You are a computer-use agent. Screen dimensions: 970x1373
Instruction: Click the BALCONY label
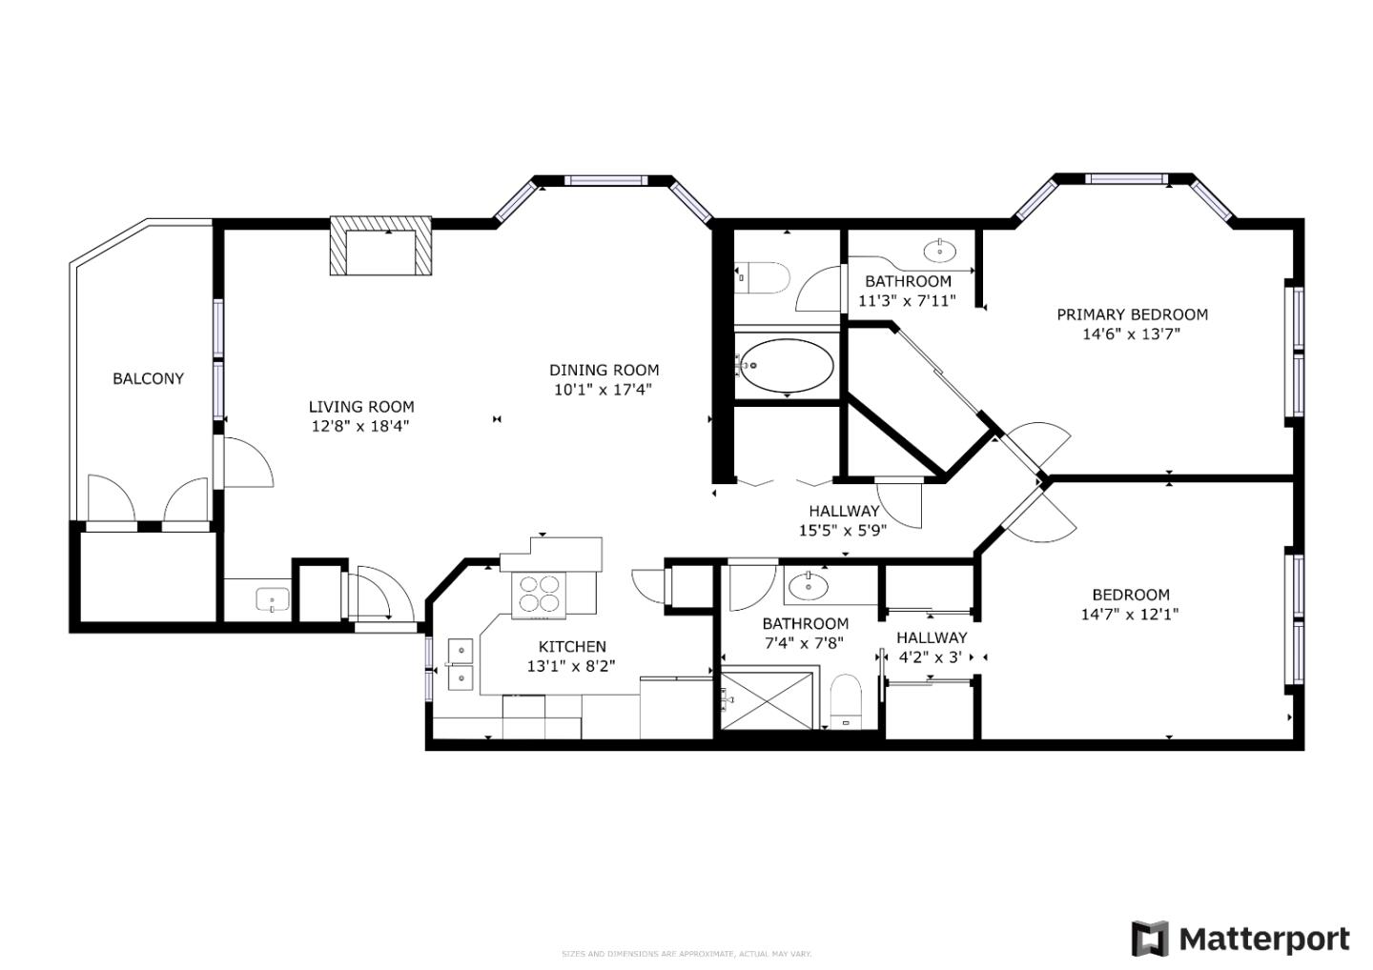[148, 378]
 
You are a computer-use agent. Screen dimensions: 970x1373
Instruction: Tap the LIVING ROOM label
[361, 407]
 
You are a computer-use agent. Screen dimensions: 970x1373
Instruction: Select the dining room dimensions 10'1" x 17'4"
[603, 390]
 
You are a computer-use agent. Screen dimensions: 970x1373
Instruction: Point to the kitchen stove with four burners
[539, 593]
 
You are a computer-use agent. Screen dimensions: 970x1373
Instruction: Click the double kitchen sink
[461, 663]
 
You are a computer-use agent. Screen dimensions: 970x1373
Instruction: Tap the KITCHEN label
[572, 646]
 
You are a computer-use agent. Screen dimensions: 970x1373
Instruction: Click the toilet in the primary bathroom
[767, 277]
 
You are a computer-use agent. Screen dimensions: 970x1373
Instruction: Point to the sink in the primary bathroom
[940, 251]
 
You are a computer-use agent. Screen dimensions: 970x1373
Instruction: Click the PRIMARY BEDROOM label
[1132, 314]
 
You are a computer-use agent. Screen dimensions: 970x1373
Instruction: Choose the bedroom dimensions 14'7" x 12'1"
[1130, 615]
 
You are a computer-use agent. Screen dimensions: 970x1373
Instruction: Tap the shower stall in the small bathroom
[768, 700]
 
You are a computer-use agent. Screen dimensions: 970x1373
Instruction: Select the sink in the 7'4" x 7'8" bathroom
[809, 586]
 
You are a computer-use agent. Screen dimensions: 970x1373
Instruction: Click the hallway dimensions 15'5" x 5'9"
[843, 531]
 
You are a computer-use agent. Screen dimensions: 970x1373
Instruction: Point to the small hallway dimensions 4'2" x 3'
[931, 657]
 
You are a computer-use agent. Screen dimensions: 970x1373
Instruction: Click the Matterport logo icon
[1150, 939]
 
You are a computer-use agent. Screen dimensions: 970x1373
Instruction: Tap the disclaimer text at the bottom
[686, 954]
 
